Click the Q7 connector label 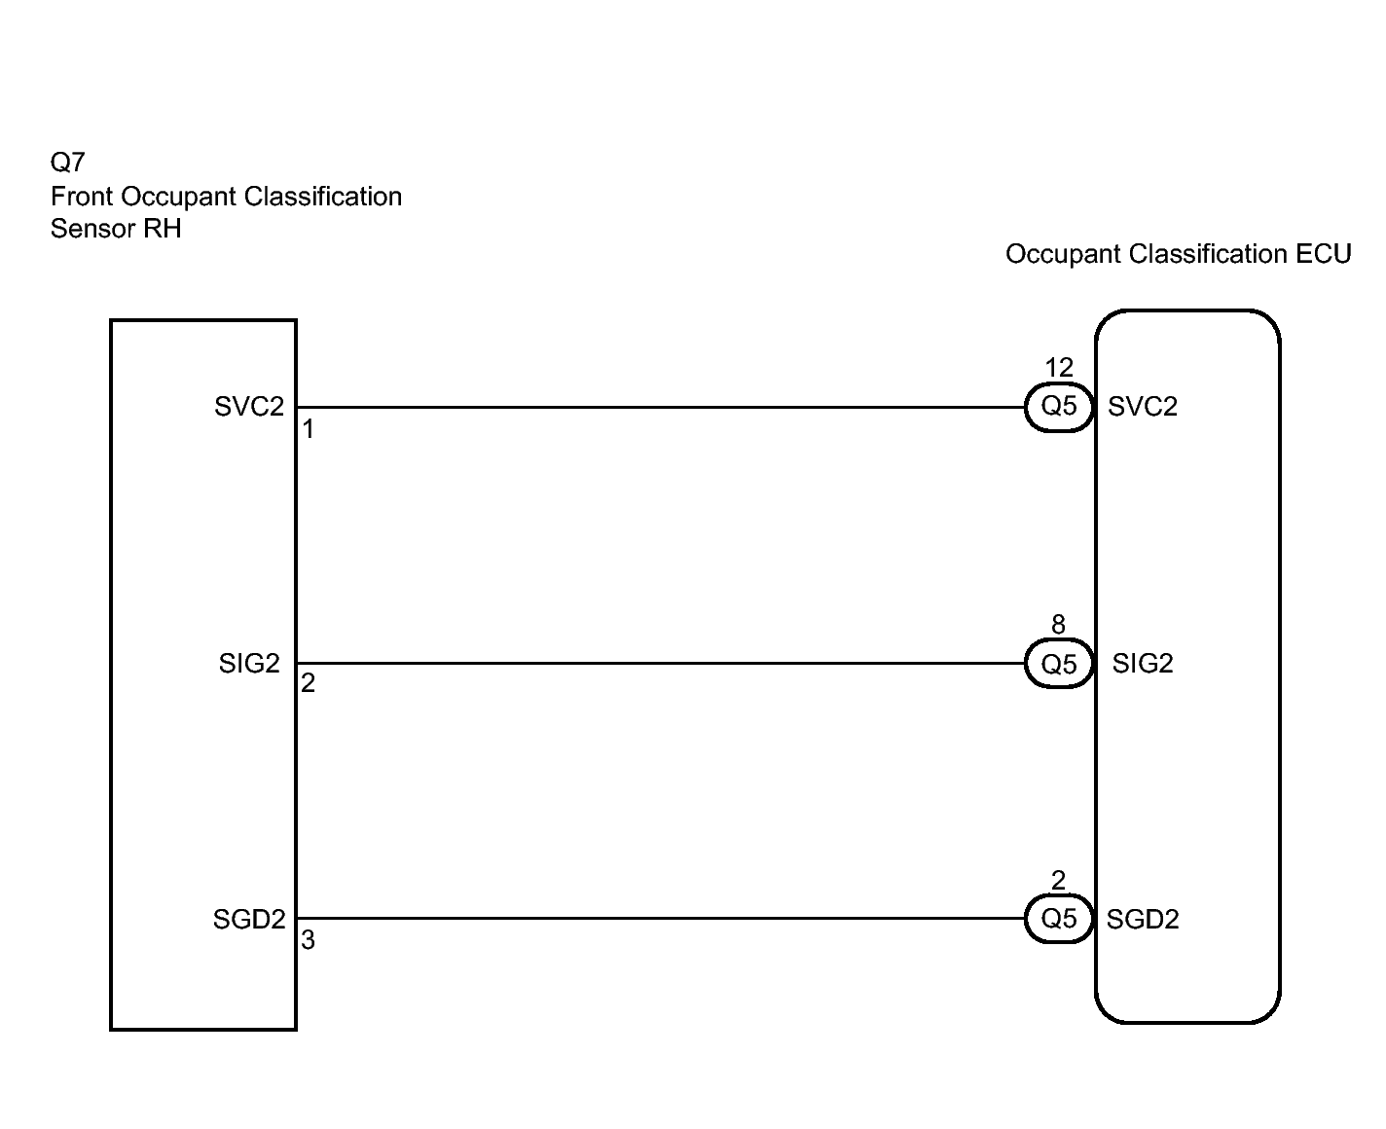coord(68,162)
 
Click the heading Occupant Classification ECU coord(1178,255)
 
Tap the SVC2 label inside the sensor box coord(249,407)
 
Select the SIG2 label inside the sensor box coord(249,664)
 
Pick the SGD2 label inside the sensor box coord(249,920)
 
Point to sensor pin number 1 coord(308,429)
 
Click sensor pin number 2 coord(308,684)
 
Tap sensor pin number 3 coord(308,941)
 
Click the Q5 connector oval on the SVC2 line coord(1059,407)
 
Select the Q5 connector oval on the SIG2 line coord(1059,664)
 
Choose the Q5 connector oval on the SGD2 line coord(1059,919)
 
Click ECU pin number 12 coord(1059,368)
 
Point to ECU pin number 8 coord(1058,625)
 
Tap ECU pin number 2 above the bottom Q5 coord(1058,881)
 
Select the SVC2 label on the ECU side coord(1143,407)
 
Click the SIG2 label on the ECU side coord(1143,664)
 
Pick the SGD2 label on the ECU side coord(1143,920)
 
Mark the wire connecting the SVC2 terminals coord(662,407)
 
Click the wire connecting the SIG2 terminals coord(662,664)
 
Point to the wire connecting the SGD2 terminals coord(662,918)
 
